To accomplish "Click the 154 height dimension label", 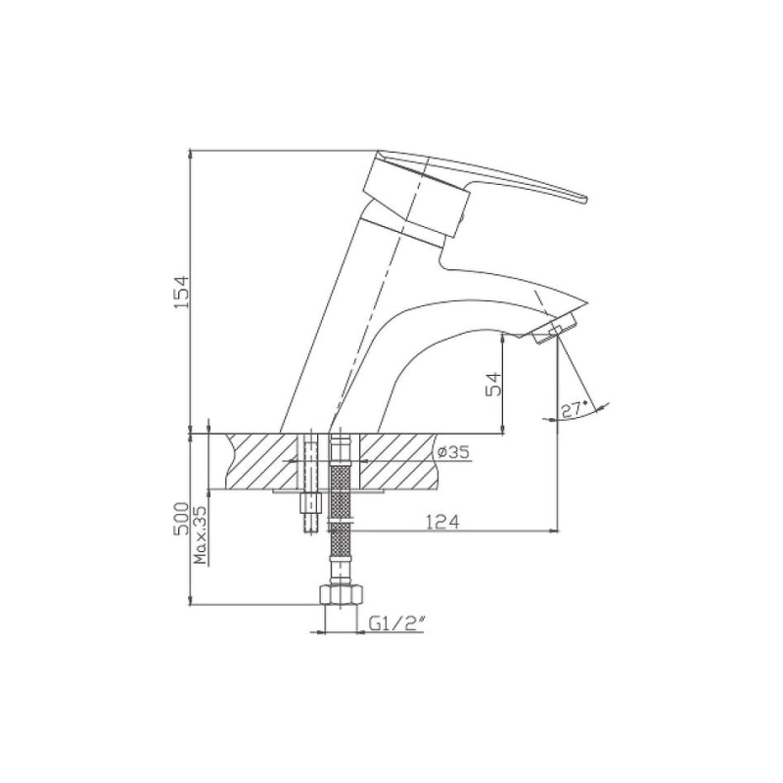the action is coord(182,291).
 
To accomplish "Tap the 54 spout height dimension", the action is coord(493,383).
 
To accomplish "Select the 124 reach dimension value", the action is coord(442,522).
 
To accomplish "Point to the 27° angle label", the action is coord(575,409).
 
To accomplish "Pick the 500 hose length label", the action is coord(182,519).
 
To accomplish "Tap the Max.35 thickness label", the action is coord(201,534).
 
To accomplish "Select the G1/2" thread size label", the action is coord(397,623).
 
